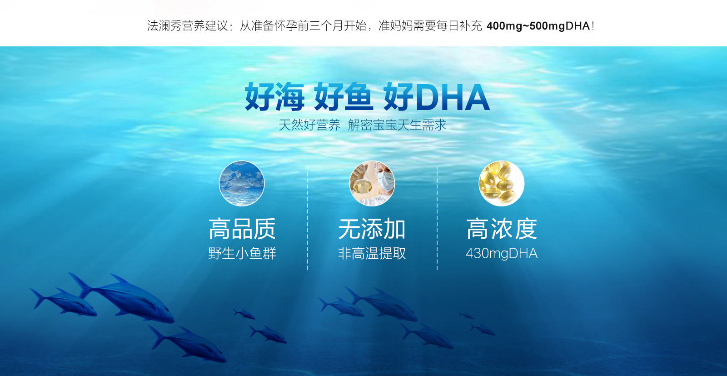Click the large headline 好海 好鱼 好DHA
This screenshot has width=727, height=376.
(367, 96)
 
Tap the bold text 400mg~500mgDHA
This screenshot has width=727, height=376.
(538, 26)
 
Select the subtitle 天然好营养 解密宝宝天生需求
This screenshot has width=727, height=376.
(363, 125)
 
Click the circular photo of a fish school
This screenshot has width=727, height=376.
(242, 184)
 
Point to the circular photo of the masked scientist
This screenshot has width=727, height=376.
(372, 184)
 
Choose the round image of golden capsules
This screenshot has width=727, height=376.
(502, 184)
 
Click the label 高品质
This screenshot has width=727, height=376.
(242, 229)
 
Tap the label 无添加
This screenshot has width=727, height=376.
(372, 229)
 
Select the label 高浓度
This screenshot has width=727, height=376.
(502, 229)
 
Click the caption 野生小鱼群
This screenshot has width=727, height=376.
(242, 253)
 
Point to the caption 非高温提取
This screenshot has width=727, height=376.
(372, 253)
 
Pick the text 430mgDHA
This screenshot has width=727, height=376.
(502, 253)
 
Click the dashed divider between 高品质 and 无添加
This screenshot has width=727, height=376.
(307, 217)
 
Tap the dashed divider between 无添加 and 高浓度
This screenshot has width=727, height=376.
(437, 217)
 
